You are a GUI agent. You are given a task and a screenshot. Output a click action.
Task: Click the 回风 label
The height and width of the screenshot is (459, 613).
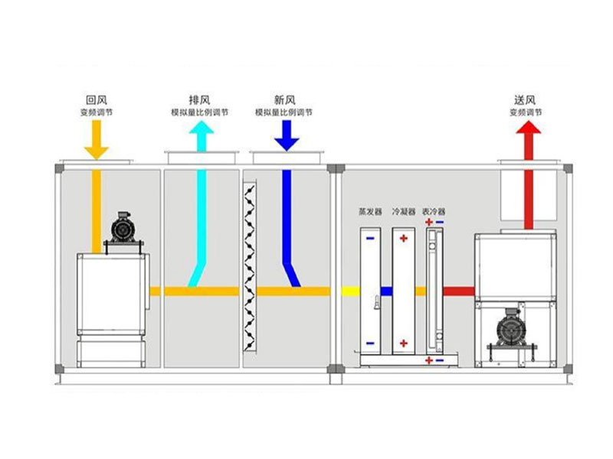point(96,100)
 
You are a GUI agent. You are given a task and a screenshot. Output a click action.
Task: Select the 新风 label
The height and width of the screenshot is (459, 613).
point(284,100)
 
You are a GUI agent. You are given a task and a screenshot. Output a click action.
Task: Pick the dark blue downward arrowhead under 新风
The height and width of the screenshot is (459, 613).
point(287,141)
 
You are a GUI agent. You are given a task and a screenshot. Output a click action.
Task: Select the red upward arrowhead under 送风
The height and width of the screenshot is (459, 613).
point(527,132)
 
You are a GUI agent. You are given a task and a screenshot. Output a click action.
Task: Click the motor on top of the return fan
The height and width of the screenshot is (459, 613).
point(121,228)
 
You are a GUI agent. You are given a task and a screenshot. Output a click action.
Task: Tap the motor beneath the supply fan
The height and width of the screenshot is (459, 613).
point(507,327)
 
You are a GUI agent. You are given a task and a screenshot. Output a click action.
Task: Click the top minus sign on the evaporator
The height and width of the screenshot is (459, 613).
point(370,237)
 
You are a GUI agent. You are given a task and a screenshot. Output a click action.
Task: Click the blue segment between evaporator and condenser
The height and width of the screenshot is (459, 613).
point(387,291)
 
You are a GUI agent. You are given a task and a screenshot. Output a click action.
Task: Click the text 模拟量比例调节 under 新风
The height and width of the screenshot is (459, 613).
point(284,112)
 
